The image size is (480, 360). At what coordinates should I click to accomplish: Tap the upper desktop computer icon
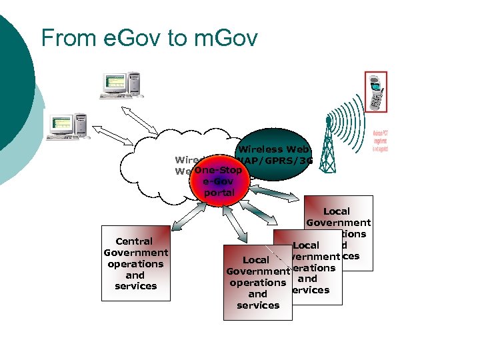pyautogui.click(x=121, y=85)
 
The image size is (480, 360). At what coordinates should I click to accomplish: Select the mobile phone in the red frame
pyautogui.click(x=376, y=93)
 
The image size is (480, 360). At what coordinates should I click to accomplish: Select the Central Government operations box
pyautogui.click(x=135, y=263)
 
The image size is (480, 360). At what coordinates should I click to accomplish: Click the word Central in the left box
pyautogui.click(x=134, y=241)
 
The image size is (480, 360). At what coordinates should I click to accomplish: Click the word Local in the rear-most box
pyautogui.click(x=336, y=211)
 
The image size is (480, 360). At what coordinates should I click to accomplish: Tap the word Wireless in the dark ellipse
pyautogui.click(x=260, y=149)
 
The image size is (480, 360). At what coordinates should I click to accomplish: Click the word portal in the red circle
pyautogui.click(x=219, y=193)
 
